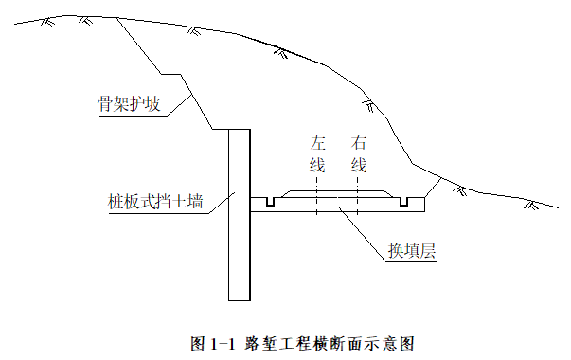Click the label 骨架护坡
point(129,103)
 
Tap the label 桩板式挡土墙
point(155,202)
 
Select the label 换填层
point(412,251)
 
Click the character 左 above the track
point(317,143)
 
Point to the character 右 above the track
point(358,143)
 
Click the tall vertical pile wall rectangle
point(240,215)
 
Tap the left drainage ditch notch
point(270,202)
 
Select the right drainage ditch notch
point(403,202)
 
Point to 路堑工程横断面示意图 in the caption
point(330,344)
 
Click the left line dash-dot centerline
point(317,196)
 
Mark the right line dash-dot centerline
point(358,196)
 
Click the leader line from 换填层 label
point(362,234)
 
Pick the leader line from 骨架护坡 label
point(179,106)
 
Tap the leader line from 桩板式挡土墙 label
point(222,203)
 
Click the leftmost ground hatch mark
point(47,22)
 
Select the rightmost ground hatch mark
point(531,205)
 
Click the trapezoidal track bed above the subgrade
point(337,194)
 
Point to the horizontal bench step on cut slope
point(171,74)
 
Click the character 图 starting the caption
point(199,344)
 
